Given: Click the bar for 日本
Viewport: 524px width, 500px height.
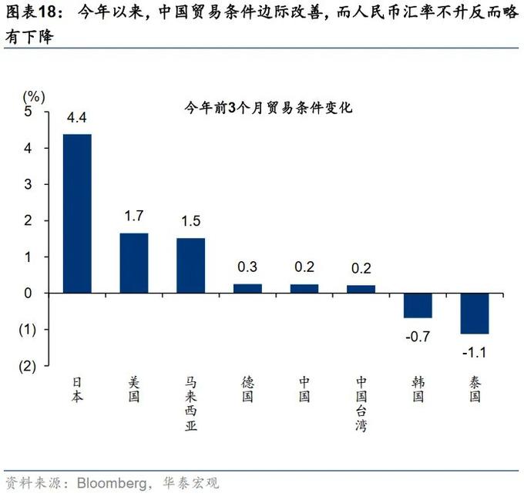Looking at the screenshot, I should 77,213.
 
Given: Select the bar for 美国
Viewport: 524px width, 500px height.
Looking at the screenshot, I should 134,263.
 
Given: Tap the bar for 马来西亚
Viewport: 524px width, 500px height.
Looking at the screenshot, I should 190,266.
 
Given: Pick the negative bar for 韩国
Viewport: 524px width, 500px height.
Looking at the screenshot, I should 418,305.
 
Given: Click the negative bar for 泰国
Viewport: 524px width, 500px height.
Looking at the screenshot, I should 475,314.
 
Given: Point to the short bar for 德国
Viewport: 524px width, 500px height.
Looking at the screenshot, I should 247,288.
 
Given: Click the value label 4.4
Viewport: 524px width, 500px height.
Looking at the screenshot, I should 77,118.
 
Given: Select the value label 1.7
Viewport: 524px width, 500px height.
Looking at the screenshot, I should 134,216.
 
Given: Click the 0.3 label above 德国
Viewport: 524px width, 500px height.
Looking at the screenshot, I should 247,267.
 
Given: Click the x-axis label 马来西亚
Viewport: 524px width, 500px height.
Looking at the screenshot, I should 190,404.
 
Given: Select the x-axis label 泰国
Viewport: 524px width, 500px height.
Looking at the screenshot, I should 475,389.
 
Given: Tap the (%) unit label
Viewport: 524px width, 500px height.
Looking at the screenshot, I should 33,96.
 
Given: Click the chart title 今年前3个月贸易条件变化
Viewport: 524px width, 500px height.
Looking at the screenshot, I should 267,109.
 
